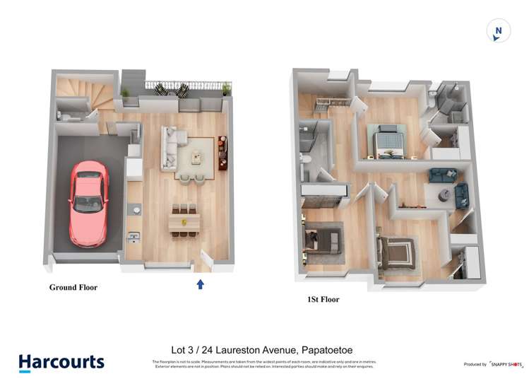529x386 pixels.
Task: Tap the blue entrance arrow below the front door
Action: click(200, 284)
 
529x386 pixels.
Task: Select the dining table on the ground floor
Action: click(184, 221)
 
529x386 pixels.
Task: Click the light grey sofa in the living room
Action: click(169, 148)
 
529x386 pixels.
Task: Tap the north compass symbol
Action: click(499, 31)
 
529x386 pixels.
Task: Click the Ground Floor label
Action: click(73, 288)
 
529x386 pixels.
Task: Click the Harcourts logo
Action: click(61, 363)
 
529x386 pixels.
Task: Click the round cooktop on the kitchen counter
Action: click(133, 209)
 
